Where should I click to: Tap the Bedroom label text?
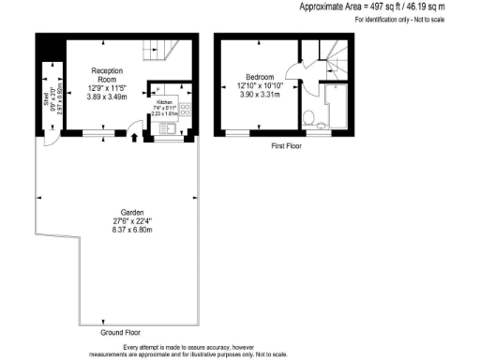point(260,77)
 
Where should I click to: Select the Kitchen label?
point(163,99)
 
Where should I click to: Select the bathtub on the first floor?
point(332,104)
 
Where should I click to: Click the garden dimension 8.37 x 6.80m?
point(118,231)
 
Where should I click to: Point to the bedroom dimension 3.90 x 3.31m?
point(260,95)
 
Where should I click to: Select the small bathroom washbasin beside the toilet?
point(322,122)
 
